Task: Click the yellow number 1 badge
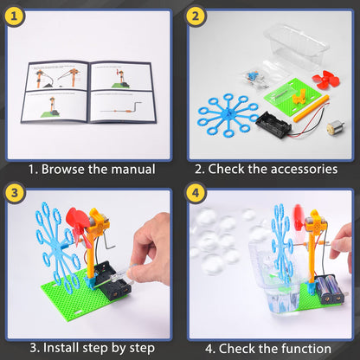(x=16, y=16)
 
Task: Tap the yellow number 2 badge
(x=196, y=16)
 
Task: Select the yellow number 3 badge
(x=16, y=196)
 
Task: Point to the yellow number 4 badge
(x=196, y=196)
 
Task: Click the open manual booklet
(x=89, y=92)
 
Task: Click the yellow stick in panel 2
(x=305, y=107)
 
